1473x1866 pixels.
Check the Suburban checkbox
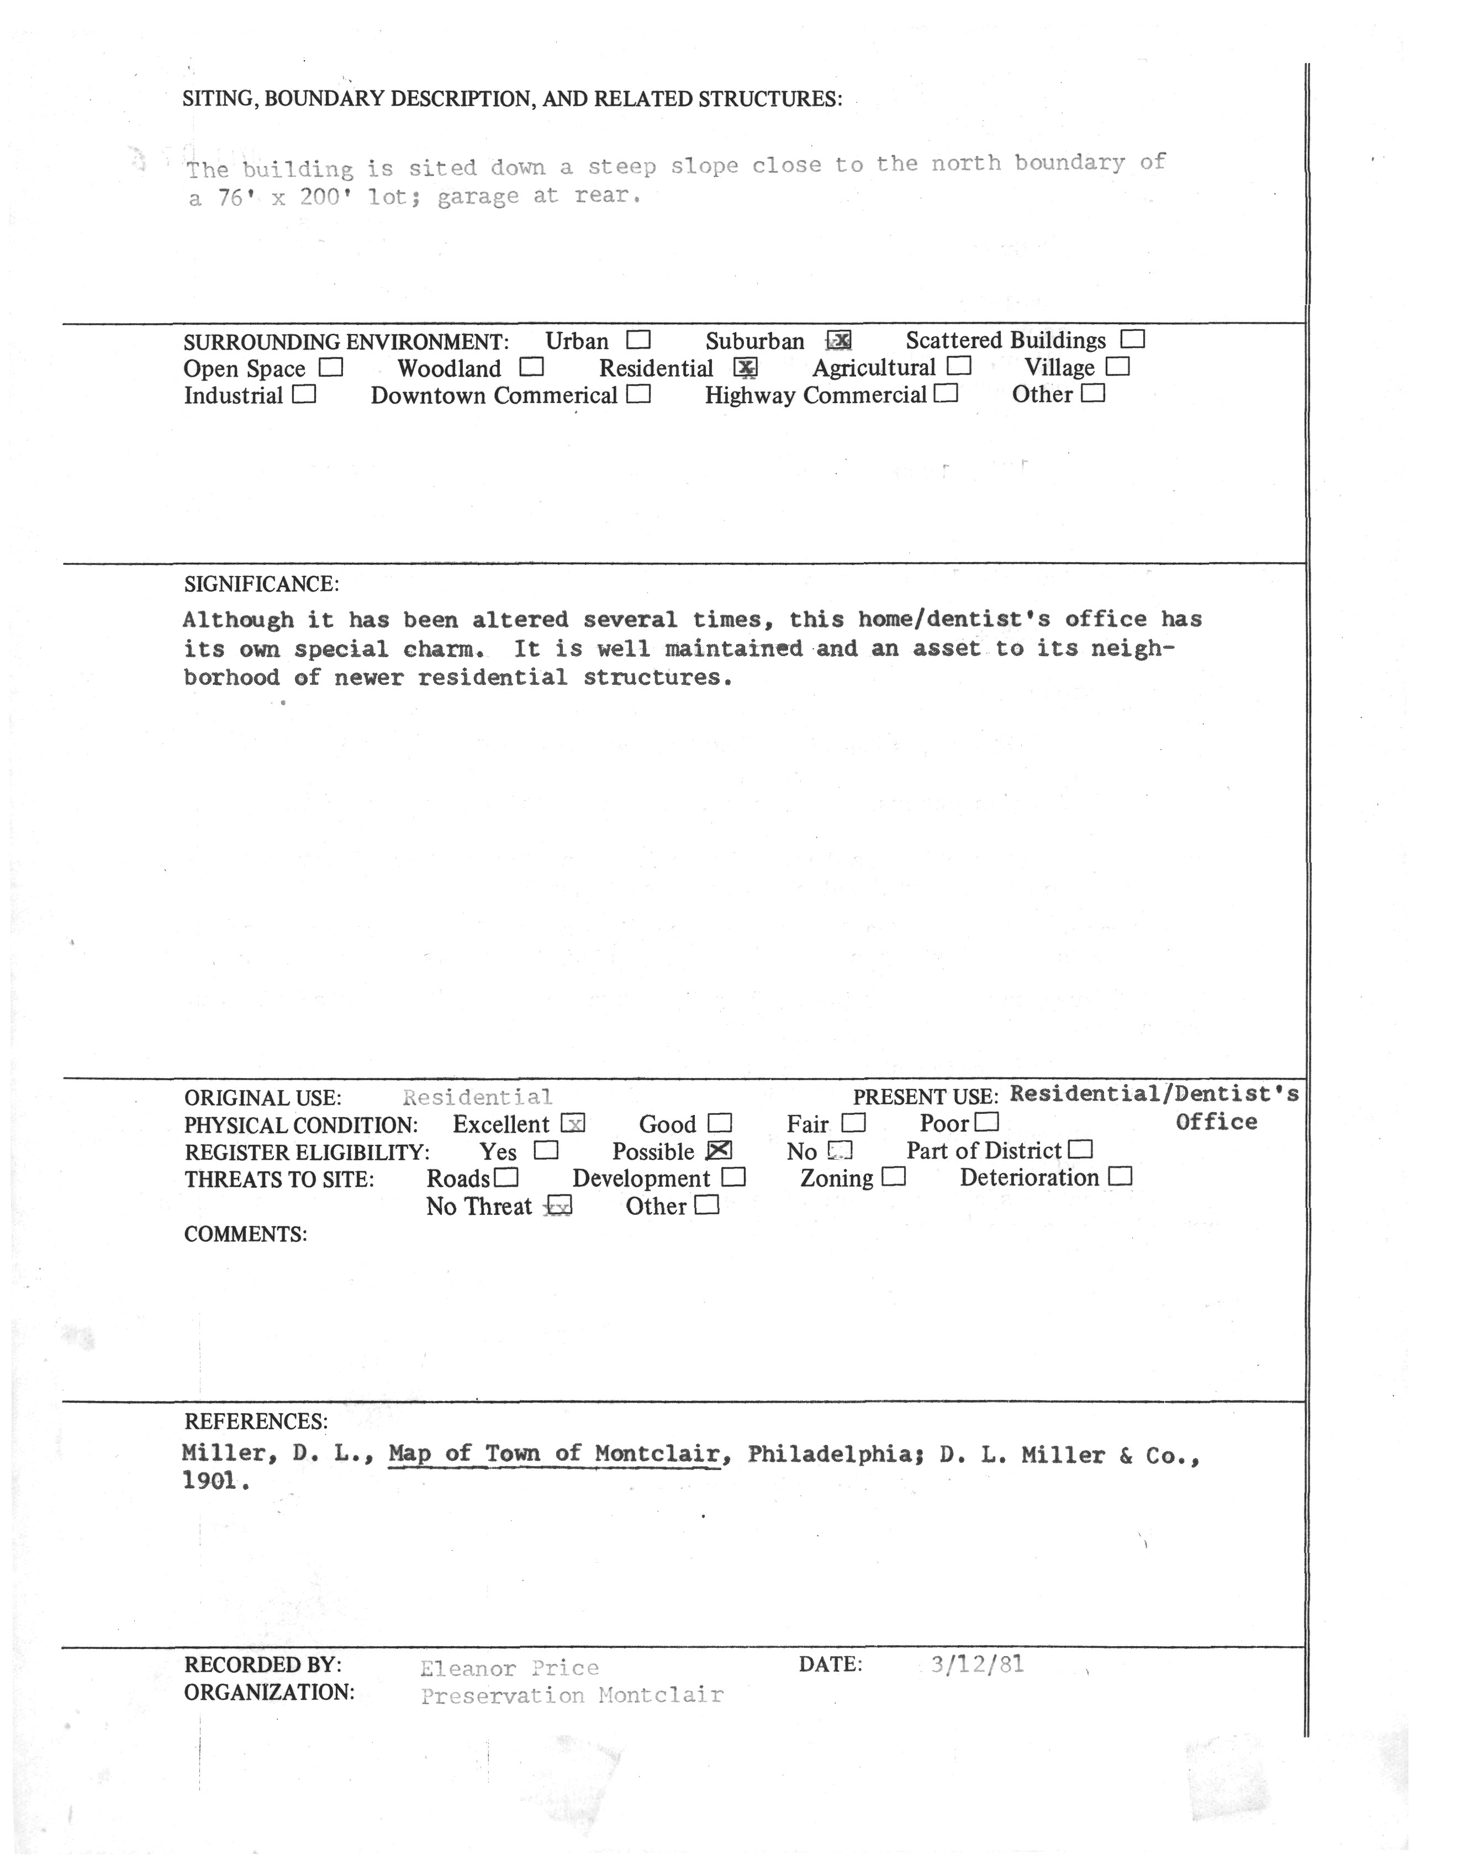tap(839, 341)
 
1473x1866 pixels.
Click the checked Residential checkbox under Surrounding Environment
tap(745, 368)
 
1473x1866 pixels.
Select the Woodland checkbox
tap(531, 367)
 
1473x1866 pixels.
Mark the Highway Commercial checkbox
tap(946, 394)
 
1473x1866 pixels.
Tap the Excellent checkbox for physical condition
tap(573, 1124)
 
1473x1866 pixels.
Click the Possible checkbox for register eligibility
tap(719, 1150)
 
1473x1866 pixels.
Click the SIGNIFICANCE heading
tap(261, 585)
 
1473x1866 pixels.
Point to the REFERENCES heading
tap(255, 1421)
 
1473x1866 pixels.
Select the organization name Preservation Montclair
tap(572, 1695)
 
